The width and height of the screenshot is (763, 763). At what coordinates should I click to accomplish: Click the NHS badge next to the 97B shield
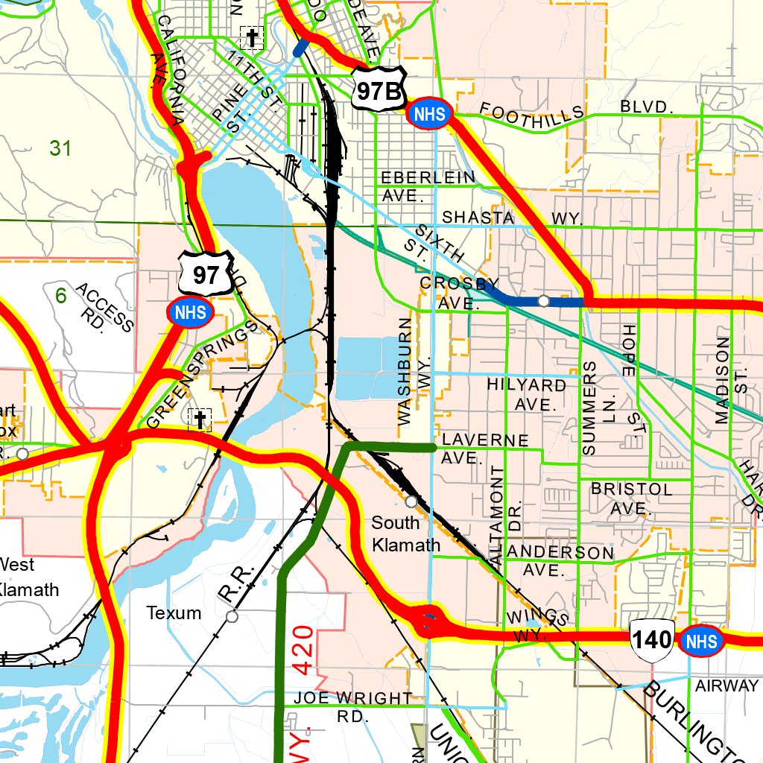pos(430,114)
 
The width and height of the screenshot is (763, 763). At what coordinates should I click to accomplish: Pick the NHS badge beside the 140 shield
pos(701,641)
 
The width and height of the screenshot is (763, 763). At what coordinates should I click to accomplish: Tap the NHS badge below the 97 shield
pos(190,311)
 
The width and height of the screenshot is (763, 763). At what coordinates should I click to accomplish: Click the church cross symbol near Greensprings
pos(199,420)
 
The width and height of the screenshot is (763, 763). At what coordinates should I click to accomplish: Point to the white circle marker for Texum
pos(232,616)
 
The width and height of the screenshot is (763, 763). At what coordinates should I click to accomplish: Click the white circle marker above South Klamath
pos(411,501)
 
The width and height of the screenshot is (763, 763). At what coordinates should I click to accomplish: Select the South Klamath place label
pos(405,534)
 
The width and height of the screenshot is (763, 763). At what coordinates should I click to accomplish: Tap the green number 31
pos(60,148)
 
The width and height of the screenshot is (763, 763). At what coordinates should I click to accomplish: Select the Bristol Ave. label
pos(631,498)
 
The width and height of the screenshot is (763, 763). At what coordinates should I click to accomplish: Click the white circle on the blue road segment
pos(544,300)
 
